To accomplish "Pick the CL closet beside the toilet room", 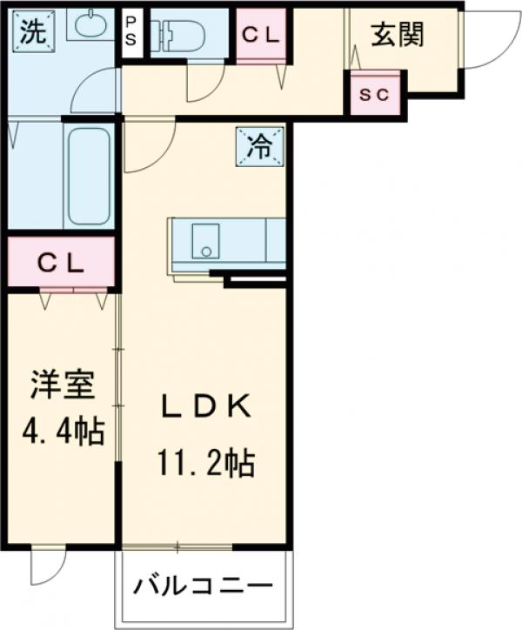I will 261,36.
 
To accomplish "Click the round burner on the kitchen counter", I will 206,252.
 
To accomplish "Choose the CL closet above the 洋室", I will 60,262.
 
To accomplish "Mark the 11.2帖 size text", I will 205,463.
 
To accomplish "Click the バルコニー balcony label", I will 203,586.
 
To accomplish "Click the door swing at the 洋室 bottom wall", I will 48,567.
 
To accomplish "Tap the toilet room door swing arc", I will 204,85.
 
